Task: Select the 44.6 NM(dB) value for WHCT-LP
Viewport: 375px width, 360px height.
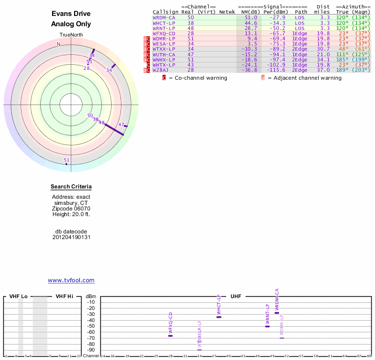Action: pyautogui.click(x=251, y=22)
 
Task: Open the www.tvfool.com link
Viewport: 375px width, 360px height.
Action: pyautogui.click(x=71, y=280)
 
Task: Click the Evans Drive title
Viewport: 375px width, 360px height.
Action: pyautogui.click(x=71, y=14)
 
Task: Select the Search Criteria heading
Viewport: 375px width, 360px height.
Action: pyautogui.click(x=71, y=187)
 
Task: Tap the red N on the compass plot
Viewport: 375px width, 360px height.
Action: pyautogui.click(x=59, y=44)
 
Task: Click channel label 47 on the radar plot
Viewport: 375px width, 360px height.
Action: pyautogui.click(x=121, y=125)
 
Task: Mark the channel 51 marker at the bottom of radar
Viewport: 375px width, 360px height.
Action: pyautogui.click(x=67, y=161)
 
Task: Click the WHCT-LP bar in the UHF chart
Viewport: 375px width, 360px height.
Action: pyautogui.click(x=218, y=317)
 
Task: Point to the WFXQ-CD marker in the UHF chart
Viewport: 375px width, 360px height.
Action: pyautogui.click(x=170, y=336)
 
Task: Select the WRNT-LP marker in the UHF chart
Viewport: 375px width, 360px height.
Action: pyautogui.click(x=267, y=326)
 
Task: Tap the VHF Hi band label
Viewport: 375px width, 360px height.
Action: pyautogui.click(x=64, y=297)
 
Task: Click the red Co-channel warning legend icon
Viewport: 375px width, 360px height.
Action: pyautogui.click(x=165, y=78)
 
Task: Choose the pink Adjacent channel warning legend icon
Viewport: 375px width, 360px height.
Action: pyautogui.click(x=263, y=78)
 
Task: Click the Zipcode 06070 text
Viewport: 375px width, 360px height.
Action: pyautogui.click(x=71, y=209)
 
